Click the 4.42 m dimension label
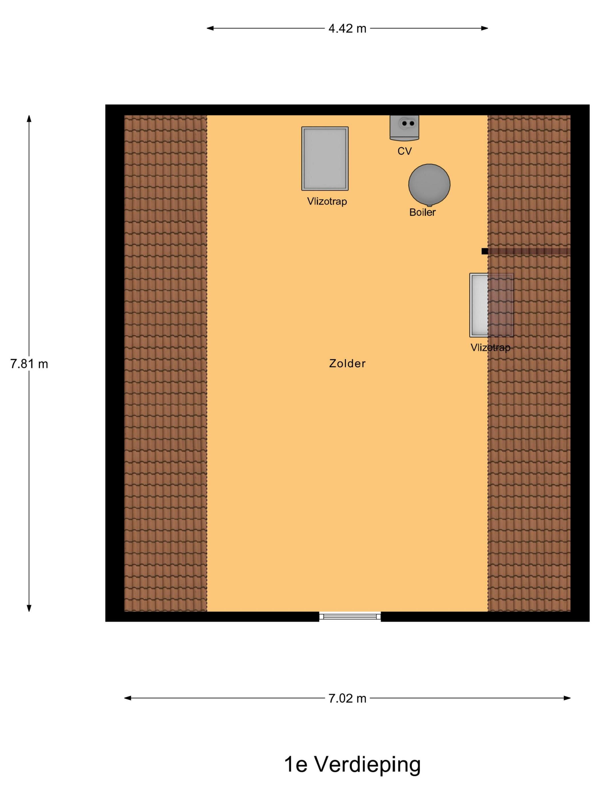point(347,29)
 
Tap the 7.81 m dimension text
point(29,364)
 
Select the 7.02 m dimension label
point(347,698)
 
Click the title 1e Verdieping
point(352,765)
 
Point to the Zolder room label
point(347,363)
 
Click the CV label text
point(404,151)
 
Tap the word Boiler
point(422,212)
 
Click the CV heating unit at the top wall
point(404,128)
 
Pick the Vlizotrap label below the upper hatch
point(327,201)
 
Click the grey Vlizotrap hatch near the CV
point(325,158)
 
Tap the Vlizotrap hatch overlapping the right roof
point(491,305)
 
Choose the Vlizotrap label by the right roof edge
point(490,347)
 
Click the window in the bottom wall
point(350,616)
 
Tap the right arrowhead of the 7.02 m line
point(567,698)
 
